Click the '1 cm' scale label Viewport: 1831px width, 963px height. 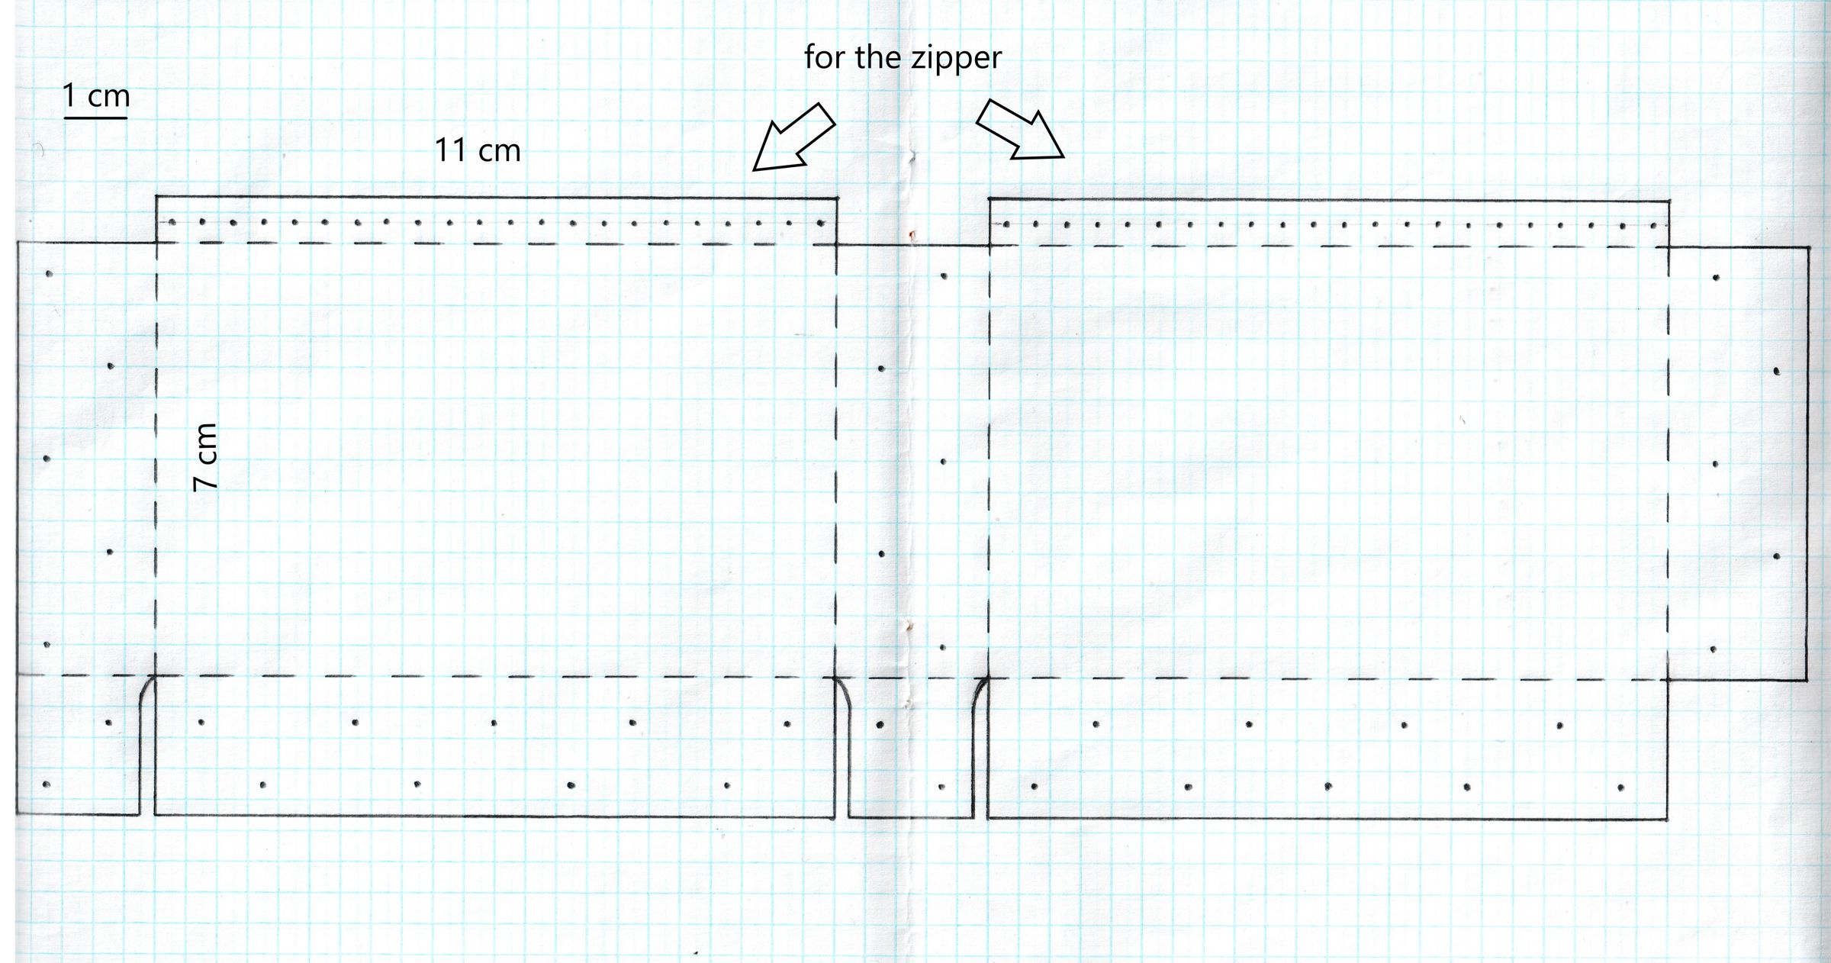[x=96, y=95]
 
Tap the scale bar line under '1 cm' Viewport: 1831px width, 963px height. [x=95, y=118]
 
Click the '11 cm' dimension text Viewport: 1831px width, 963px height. [x=478, y=150]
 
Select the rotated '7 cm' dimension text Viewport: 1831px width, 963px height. [x=205, y=457]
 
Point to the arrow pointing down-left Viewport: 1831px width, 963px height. [x=793, y=136]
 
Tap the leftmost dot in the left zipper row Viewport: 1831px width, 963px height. [x=172, y=223]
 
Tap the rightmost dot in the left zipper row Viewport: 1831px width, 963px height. [x=821, y=224]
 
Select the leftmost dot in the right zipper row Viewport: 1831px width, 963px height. [x=1007, y=224]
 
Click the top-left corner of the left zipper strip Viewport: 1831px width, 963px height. [x=156, y=197]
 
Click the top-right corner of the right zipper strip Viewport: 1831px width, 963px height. [x=1668, y=201]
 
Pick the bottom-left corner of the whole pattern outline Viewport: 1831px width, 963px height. [x=17, y=814]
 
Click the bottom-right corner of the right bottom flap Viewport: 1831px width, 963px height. [x=1668, y=820]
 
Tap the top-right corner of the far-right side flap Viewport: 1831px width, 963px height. [x=1809, y=247]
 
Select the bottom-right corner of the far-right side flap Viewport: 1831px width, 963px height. [x=1807, y=680]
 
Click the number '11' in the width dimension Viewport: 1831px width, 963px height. [x=450, y=150]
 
